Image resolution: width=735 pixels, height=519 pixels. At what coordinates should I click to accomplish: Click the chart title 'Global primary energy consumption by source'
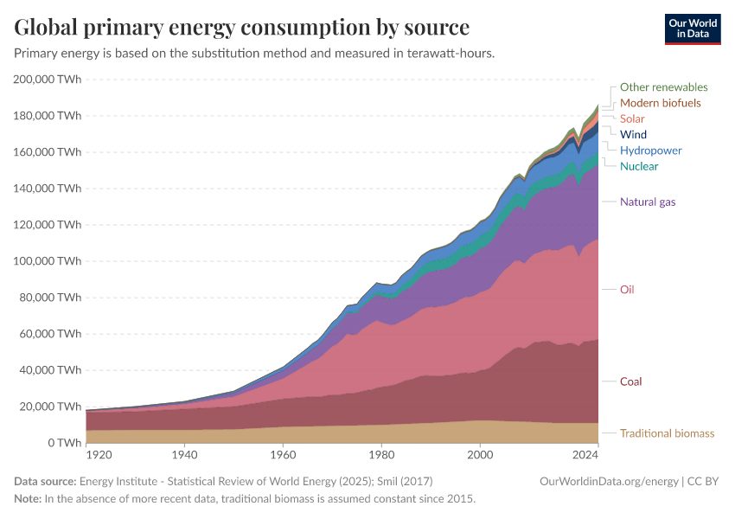pyautogui.click(x=242, y=27)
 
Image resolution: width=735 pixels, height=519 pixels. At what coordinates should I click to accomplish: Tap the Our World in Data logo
pyautogui.click(x=692, y=29)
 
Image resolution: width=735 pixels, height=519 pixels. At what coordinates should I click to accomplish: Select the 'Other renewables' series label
pyautogui.click(x=663, y=87)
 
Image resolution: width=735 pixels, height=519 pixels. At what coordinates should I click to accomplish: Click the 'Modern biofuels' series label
pyautogui.click(x=660, y=103)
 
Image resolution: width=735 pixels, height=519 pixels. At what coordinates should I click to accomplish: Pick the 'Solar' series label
pyautogui.click(x=632, y=119)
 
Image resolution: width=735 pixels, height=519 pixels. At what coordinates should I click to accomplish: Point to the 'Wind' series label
pyautogui.click(x=633, y=134)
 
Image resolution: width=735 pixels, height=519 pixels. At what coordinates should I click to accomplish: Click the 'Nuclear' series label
pyautogui.click(x=639, y=166)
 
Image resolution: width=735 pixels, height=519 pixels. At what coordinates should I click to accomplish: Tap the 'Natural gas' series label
pyautogui.click(x=648, y=202)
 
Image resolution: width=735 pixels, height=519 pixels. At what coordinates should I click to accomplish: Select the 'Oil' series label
pyautogui.click(x=627, y=290)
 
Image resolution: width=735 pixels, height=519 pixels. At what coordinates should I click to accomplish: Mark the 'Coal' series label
pyautogui.click(x=630, y=381)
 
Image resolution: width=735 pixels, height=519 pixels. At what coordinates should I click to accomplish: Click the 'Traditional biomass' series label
pyautogui.click(x=667, y=433)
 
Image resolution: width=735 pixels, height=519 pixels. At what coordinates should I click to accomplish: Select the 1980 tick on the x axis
pyautogui.click(x=381, y=454)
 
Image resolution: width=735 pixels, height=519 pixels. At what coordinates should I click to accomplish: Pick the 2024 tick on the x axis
pyautogui.click(x=586, y=454)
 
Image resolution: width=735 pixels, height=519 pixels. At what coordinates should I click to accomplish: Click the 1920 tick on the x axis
pyautogui.click(x=99, y=454)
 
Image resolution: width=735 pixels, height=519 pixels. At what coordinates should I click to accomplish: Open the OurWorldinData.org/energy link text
pyautogui.click(x=608, y=481)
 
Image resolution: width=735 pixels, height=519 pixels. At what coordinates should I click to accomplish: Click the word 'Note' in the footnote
pyautogui.click(x=27, y=499)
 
